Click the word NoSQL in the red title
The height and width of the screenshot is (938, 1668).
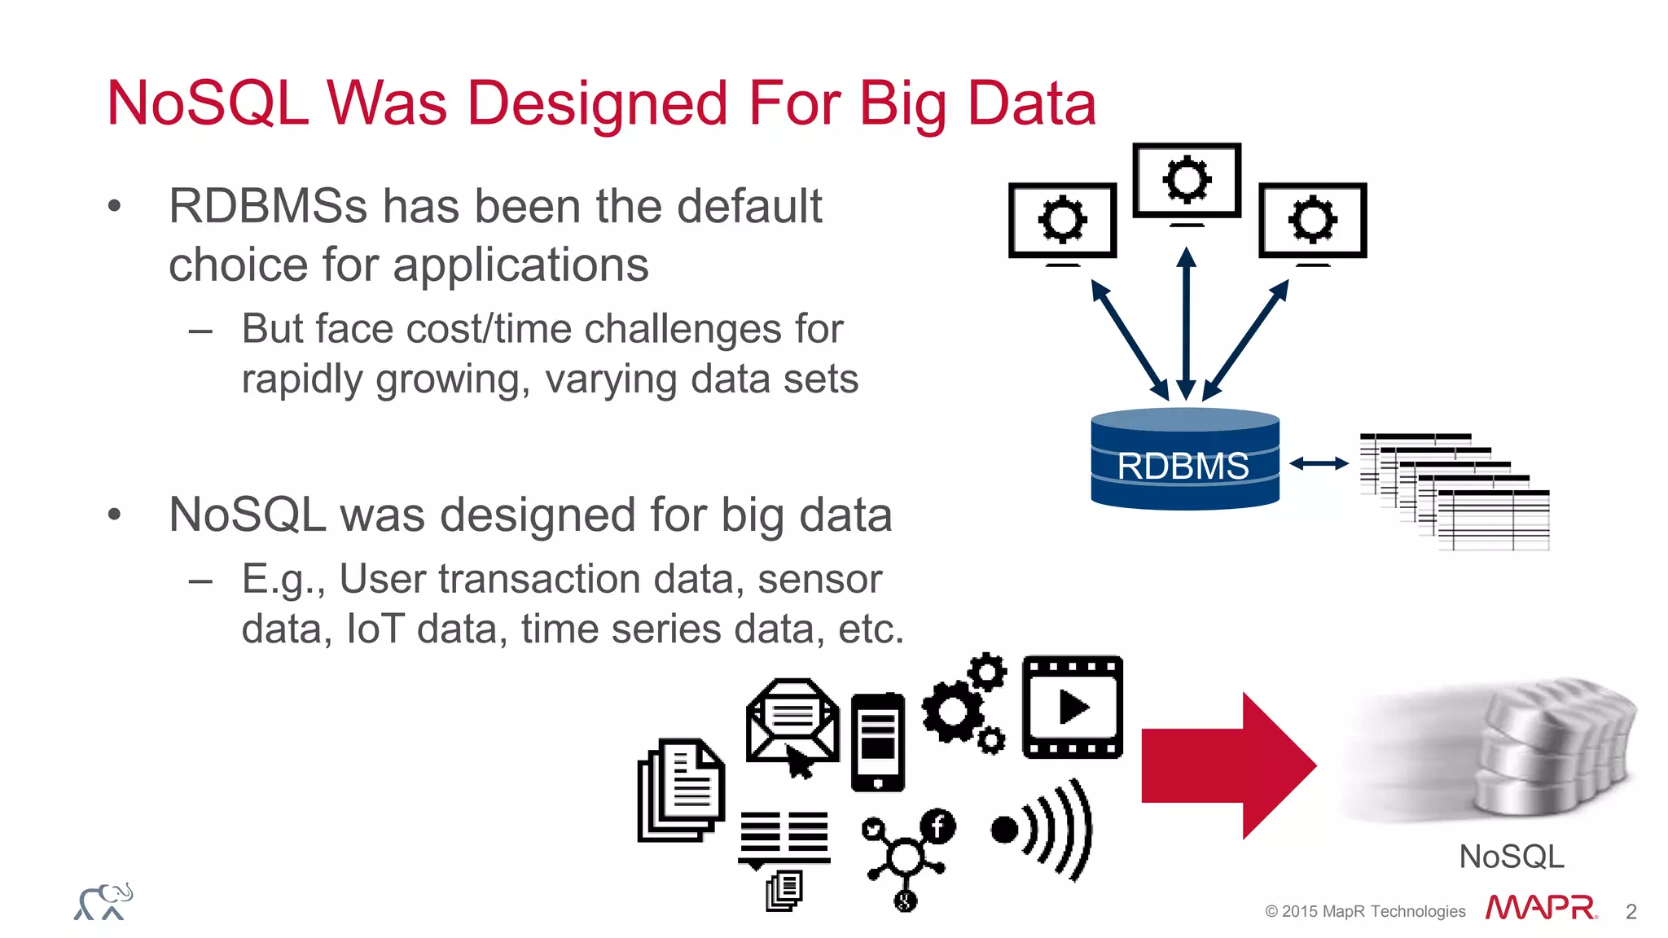[x=208, y=103]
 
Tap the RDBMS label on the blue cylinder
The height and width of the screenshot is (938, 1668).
[x=1183, y=467]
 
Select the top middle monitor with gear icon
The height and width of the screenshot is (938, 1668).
[x=1187, y=181]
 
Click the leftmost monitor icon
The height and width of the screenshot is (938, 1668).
[x=1062, y=221]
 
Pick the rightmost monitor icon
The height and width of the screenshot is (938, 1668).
[x=1312, y=221]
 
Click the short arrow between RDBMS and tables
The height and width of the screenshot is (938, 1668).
[x=1319, y=463]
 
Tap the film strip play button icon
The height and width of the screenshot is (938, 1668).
[x=1073, y=707]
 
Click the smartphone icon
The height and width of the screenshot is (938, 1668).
[x=877, y=742]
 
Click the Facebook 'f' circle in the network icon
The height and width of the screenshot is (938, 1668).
[x=938, y=826]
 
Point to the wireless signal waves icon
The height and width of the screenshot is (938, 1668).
[x=1042, y=829]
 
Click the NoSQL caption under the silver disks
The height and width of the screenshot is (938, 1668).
[x=1511, y=857]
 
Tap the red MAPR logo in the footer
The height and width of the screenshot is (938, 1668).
[x=1540, y=907]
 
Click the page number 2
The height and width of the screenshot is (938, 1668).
[x=1631, y=911]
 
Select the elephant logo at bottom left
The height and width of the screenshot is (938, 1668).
[x=103, y=902]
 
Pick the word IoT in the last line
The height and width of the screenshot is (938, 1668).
[x=375, y=629]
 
